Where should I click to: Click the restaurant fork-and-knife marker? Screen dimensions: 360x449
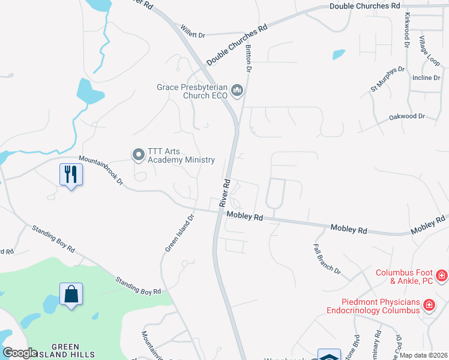(x=71, y=175)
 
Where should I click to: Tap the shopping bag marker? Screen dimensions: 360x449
(x=71, y=294)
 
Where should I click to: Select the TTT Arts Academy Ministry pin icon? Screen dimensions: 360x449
(x=139, y=155)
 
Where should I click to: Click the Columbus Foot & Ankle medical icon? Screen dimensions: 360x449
(x=442, y=276)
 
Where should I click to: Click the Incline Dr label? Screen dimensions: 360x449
(x=426, y=78)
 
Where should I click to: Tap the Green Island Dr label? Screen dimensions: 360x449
(x=179, y=233)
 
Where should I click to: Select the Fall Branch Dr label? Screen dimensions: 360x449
(x=327, y=259)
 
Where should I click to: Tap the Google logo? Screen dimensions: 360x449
(x=19, y=353)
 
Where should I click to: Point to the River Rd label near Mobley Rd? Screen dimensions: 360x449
(x=225, y=192)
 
